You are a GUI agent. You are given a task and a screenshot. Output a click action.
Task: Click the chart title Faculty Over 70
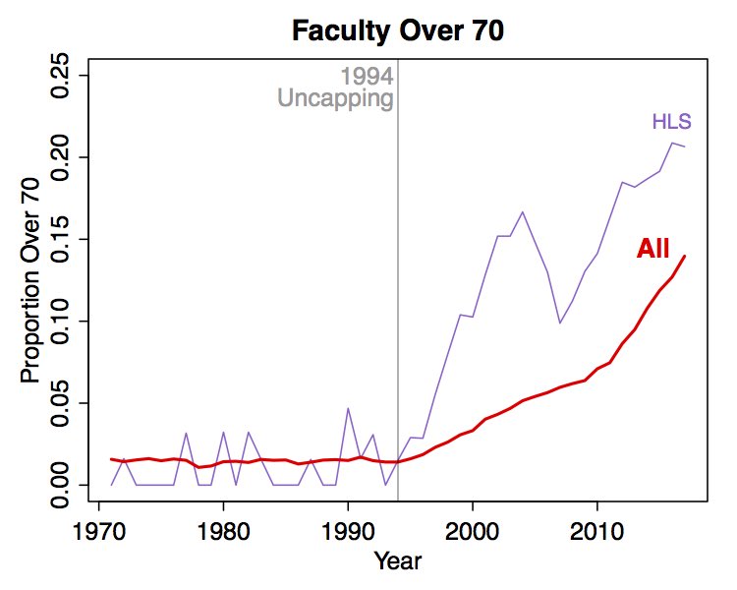pyautogui.click(x=398, y=31)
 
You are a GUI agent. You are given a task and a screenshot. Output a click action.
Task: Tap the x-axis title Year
pyautogui.click(x=398, y=562)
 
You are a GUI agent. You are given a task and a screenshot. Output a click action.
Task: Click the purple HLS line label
pyautogui.click(x=672, y=123)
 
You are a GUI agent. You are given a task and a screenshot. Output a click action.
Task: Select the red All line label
pyautogui.click(x=652, y=250)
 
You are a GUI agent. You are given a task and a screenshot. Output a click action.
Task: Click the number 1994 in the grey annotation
pyautogui.click(x=367, y=77)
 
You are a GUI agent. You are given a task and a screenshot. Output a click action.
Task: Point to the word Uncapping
pyautogui.click(x=335, y=98)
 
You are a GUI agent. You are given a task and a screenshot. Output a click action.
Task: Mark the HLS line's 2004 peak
pyautogui.click(x=522, y=211)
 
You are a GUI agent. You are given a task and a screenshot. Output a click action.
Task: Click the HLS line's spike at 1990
pyautogui.click(x=348, y=408)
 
